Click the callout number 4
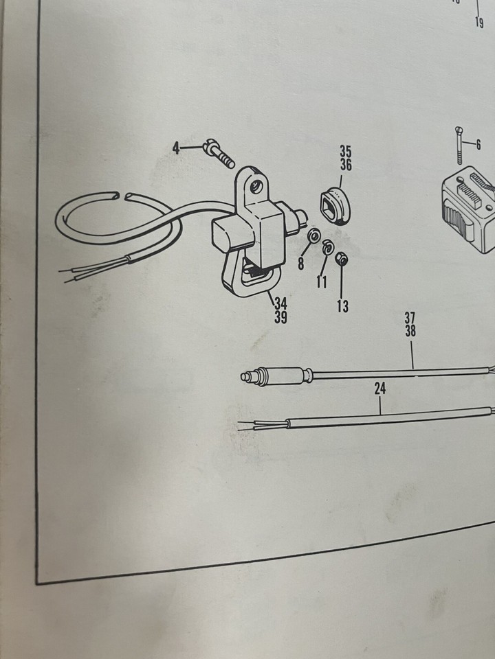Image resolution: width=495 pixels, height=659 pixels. coord(176,148)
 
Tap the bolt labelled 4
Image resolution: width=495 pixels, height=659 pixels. coord(219,154)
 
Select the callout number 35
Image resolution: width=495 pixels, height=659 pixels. coord(346,151)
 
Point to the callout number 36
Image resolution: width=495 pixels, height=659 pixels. coord(346,165)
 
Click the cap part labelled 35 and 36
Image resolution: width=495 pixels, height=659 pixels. coord(335,206)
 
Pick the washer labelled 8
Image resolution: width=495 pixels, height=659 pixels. coord(313,235)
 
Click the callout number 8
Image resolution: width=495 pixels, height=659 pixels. coord(301,264)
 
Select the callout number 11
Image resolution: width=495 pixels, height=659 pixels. coord(322,282)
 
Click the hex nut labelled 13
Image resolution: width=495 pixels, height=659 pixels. coord(342,259)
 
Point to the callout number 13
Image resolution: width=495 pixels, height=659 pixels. coord(342,307)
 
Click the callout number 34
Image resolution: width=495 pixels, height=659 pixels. coord(280,303)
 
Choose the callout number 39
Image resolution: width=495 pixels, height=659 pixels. coord(280,317)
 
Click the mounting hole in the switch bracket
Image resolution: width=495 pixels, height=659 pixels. coord(256,185)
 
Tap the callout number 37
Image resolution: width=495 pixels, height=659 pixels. coord(410,318)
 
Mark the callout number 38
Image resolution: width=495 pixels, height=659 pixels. coord(410,331)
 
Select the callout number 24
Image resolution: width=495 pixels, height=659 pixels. coord(380,389)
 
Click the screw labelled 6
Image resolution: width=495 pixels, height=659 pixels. coord(459,146)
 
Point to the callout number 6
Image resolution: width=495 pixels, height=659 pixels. coord(478,146)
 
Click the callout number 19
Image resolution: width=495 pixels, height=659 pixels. coord(479,22)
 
